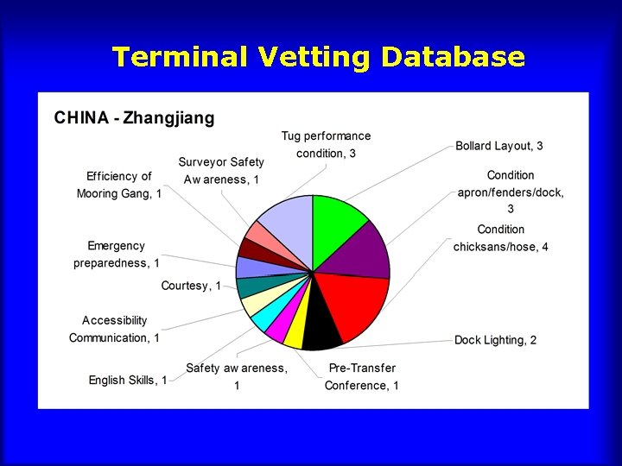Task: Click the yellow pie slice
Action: [x=295, y=332]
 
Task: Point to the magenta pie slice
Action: [x=278, y=326]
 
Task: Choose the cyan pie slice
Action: [x=263, y=316]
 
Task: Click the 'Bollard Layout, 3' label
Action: [x=499, y=146]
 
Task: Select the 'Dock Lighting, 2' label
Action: [x=495, y=340]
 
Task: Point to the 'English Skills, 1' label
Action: [x=128, y=380]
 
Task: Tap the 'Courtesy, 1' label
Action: [x=191, y=286]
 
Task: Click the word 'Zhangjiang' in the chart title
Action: [x=169, y=117]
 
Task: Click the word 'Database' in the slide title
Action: [x=453, y=57]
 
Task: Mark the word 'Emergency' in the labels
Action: [x=117, y=246]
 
